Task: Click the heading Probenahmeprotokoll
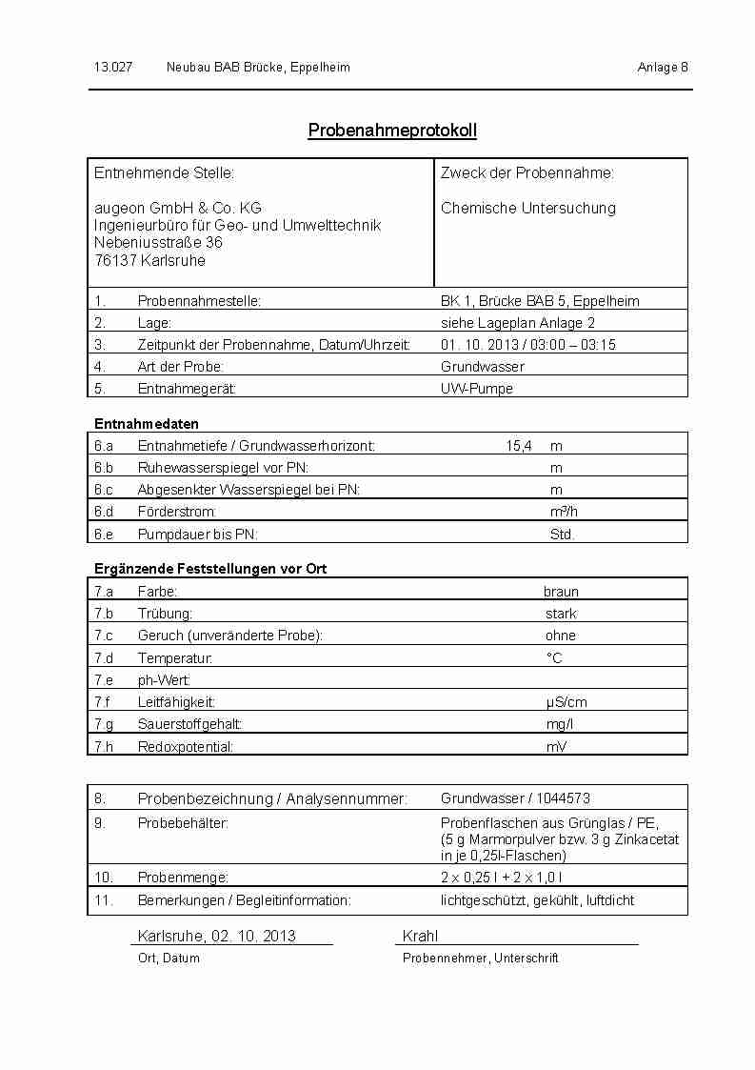392,131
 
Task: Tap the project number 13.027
112,68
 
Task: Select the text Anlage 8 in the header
662,68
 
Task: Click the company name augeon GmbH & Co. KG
178,208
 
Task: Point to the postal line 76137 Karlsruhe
149,260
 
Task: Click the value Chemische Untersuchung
528,208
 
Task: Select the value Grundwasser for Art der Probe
483,367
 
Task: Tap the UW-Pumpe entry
477,389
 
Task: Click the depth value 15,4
519,446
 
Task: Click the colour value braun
561,592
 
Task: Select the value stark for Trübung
561,614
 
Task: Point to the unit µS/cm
566,702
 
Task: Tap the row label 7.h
104,747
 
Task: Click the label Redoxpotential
186,747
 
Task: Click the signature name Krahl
420,936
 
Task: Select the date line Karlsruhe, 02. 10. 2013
217,936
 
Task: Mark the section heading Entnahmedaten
147,424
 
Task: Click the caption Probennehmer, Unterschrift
480,959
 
